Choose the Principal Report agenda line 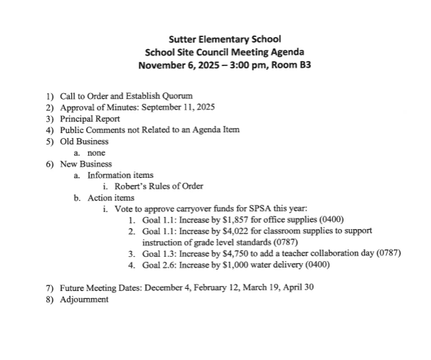pos(90,118)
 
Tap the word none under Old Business pos(96,152)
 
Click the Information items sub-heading pos(120,175)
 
